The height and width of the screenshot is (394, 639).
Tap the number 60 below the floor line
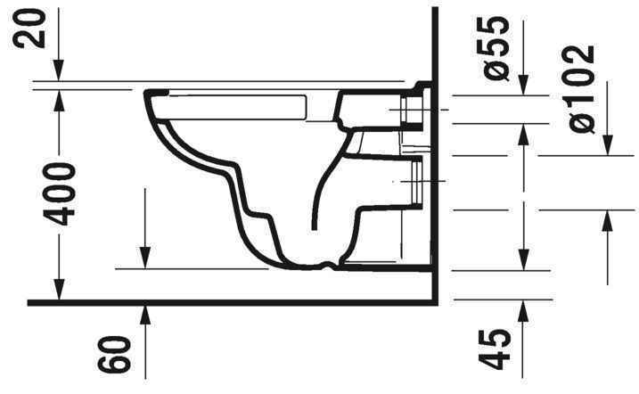pos(119,354)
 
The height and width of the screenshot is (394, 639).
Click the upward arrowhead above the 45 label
pos(522,308)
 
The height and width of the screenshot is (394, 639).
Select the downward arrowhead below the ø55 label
pos(522,86)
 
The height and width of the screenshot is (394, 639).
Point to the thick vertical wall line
pos(433,178)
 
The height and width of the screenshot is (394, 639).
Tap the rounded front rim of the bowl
pos(152,100)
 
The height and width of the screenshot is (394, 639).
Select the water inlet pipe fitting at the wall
pos(413,110)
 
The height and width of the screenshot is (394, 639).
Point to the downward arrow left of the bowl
pos(143,254)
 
